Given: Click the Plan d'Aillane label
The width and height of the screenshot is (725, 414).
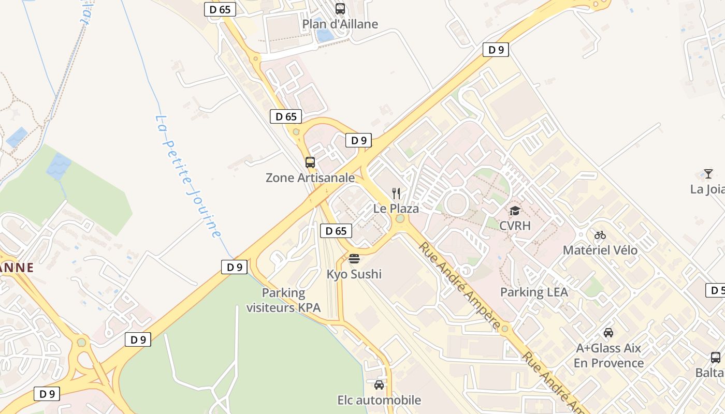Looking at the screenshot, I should [340, 24].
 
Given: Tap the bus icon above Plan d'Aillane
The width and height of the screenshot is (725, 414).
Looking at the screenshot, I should [340, 8].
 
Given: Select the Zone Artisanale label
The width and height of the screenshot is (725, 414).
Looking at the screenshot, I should [310, 178].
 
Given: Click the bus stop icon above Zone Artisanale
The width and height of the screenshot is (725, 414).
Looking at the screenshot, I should [310, 162].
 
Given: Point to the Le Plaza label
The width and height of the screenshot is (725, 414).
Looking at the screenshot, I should [396, 209].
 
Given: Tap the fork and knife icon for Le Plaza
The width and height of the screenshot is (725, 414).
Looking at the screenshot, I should [396, 194].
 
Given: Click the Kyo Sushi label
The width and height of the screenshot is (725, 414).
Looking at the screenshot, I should [354, 274].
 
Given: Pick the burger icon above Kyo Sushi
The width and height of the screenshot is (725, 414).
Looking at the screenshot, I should [354, 258].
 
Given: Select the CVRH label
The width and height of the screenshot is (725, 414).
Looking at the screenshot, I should [515, 226].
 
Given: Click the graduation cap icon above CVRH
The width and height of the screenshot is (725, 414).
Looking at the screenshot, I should [515, 211].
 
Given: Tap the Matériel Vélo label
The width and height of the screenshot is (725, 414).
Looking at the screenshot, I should [600, 250].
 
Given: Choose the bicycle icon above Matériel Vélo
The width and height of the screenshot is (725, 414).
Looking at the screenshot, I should [600, 235].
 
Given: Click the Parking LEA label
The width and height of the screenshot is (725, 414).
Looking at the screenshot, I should [534, 292].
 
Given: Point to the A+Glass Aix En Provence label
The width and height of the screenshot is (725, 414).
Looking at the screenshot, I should [608, 356].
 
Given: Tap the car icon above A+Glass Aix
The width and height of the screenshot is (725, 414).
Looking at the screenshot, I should [608, 333].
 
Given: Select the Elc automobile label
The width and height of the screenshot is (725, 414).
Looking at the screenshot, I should [379, 400].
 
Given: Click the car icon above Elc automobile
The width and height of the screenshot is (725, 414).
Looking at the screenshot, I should [379, 385].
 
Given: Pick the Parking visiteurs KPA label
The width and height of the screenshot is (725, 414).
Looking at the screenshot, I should [283, 300].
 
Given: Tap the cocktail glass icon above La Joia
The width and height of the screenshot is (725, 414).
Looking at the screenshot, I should [708, 174].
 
